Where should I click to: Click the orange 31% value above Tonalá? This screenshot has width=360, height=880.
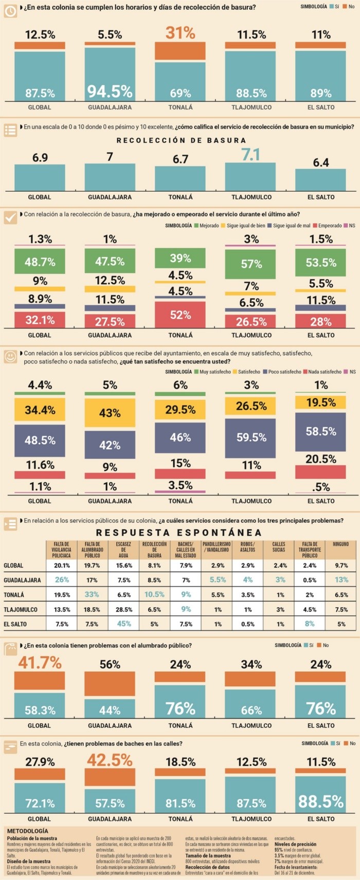pyautogui.click(x=180, y=33)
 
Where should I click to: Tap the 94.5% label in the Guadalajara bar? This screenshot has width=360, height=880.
pyautogui.click(x=110, y=91)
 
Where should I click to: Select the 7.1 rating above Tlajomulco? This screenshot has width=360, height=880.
pyautogui.click(x=250, y=155)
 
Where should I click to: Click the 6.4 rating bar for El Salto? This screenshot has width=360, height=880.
pyautogui.click(x=320, y=179)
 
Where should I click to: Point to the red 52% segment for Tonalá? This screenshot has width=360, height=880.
pyautogui.click(x=180, y=315)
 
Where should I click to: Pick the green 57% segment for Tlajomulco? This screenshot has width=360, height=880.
pyautogui.click(x=250, y=264)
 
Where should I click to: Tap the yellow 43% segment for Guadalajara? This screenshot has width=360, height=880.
pyautogui.click(x=110, y=413)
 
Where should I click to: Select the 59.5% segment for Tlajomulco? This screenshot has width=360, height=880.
pyautogui.click(x=250, y=437)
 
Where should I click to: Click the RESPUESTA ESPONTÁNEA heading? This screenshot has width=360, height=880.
pyautogui.click(x=179, y=533)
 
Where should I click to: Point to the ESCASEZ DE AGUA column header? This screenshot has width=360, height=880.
pyautogui.click(x=123, y=549)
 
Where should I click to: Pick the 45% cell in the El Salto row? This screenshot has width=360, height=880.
pyautogui.click(x=123, y=624)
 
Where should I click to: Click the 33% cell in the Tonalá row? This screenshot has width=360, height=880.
pyautogui.click(x=92, y=594)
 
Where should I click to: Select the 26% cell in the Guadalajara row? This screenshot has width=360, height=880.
pyautogui.click(x=62, y=580)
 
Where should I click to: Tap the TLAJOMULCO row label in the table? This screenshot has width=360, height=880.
pyautogui.click(x=21, y=610)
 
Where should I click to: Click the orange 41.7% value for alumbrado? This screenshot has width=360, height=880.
pyautogui.click(x=40, y=663)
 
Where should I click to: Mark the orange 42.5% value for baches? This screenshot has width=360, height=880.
pyautogui.click(x=110, y=760)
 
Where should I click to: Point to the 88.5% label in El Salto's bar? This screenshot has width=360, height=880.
pyautogui.click(x=320, y=801)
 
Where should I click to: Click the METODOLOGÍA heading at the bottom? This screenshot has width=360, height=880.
pyautogui.click(x=28, y=831)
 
